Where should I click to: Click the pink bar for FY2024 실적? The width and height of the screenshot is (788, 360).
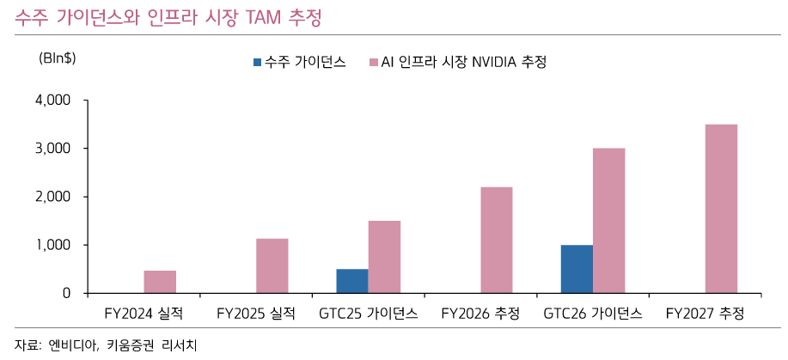pyautogui.click(x=160, y=282)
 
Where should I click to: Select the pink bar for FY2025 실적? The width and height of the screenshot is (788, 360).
pyautogui.click(x=272, y=266)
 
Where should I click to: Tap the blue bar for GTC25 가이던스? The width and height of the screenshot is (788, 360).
pyautogui.click(x=352, y=281)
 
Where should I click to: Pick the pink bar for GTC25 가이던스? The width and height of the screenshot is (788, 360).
pyautogui.click(x=384, y=257)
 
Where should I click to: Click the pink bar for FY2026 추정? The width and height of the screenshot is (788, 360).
pyautogui.click(x=496, y=241)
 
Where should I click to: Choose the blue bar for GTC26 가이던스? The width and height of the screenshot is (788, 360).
pyautogui.click(x=577, y=269)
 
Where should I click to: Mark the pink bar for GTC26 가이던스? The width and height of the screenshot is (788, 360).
pyautogui.click(x=608, y=221)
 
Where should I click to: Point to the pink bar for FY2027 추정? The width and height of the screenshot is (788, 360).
pyautogui.click(x=721, y=209)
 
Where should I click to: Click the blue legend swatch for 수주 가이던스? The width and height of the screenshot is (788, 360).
pyautogui.click(x=257, y=63)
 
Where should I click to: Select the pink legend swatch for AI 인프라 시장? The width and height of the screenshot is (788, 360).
pyautogui.click(x=374, y=63)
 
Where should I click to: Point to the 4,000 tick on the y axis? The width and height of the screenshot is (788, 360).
pyautogui.click(x=54, y=101)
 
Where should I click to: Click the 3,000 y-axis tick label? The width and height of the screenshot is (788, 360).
pyautogui.click(x=54, y=149)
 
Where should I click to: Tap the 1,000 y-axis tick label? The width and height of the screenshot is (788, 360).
pyautogui.click(x=54, y=245)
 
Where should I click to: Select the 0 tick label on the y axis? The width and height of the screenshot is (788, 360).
pyautogui.click(x=66, y=294)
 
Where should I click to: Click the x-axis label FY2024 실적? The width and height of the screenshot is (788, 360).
pyautogui.click(x=144, y=314)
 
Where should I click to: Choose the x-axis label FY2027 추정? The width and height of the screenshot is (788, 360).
pyautogui.click(x=705, y=314)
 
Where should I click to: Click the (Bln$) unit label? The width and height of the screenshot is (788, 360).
pyautogui.click(x=58, y=59)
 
